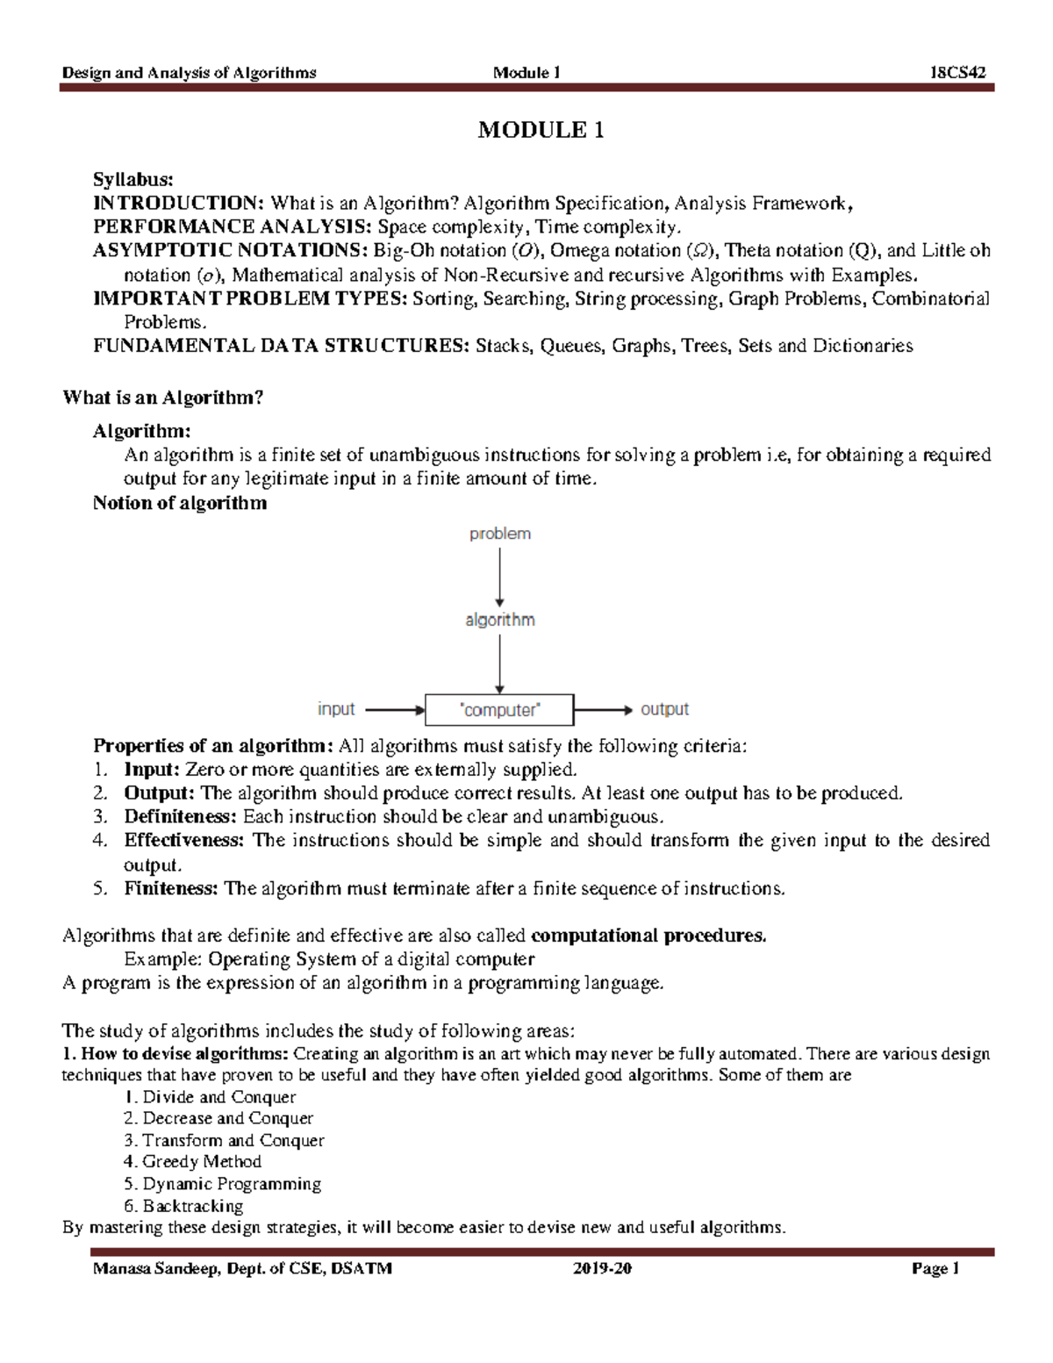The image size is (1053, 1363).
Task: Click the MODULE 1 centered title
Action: pos(540,131)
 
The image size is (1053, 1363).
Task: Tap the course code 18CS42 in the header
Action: pos(958,73)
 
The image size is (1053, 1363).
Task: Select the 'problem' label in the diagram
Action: pos(499,534)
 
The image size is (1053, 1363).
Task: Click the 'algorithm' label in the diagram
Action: pos(499,620)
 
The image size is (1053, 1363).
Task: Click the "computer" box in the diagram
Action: pos(499,710)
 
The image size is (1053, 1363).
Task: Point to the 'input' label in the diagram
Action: pos(336,709)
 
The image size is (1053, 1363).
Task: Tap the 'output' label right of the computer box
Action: pos(664,709)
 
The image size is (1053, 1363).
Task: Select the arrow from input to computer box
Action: pos(393,709)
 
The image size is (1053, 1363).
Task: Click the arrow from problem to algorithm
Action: pos(499,576)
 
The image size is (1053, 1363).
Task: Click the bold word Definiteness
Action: pos(180,817)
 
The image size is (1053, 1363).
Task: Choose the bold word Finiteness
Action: pos(170,888)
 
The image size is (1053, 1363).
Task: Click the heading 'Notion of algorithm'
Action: pos(180,504)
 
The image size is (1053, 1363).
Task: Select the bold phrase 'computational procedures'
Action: pos(648,936)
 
